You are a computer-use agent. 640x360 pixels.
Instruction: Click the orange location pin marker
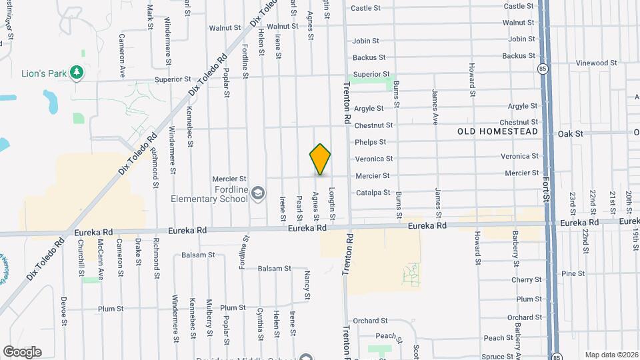point(321,159)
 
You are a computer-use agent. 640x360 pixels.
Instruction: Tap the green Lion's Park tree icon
point(77,72)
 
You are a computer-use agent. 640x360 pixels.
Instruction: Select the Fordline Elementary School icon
point(259,193)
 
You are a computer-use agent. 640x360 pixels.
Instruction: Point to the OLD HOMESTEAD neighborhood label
point(497,132)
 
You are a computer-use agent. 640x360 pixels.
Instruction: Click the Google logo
point(22,352)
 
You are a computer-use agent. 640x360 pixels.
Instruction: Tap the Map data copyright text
point(611,355)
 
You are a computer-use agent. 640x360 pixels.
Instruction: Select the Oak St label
point(571,134)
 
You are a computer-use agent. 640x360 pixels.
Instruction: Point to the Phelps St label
point(371,142)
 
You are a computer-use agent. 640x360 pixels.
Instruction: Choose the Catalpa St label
point(373,193)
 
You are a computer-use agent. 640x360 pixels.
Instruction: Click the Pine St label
point(573,274)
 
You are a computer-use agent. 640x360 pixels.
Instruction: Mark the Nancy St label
point(307,285)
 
